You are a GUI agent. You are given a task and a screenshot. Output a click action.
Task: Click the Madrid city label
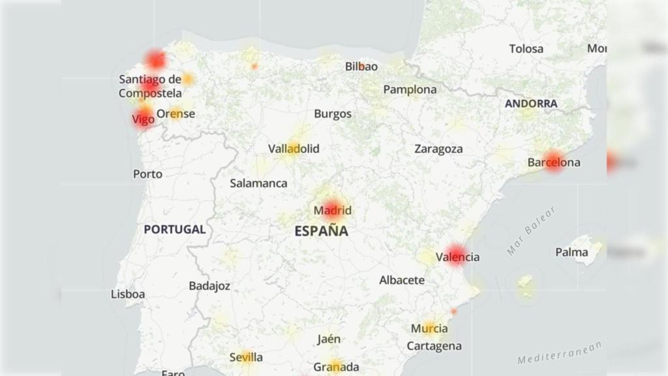(x=333, y=210)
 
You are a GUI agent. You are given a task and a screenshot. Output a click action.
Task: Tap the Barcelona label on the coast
(x=554, y=162)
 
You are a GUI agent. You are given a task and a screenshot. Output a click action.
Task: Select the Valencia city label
(x=457, y=257)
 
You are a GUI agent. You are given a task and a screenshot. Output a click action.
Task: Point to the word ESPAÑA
(x=321, y=230)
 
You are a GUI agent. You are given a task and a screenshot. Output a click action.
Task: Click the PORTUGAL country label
(x=175, y=229)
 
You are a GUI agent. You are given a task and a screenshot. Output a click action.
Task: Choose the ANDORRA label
(x=531, y=103)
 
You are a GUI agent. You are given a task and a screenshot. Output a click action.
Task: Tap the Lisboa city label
(x=128, y=294)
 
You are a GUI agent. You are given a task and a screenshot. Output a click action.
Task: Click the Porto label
(x=147, y=174)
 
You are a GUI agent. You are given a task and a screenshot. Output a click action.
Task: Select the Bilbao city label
(x=361, y=66)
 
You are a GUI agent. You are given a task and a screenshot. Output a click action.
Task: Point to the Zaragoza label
(x=438, y=149)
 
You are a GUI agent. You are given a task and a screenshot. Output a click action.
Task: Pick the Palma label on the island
(x=571, y=252)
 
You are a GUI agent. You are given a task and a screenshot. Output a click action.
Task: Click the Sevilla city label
(x=246, y=357)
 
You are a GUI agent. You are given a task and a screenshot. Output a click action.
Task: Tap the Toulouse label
(x=526, y=48)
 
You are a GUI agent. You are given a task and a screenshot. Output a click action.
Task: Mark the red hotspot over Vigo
(x=144, y=118)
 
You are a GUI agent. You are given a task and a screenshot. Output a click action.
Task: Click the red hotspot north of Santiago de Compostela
(x=156, y=60)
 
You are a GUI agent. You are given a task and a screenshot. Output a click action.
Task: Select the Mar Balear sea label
(x=531, y=230)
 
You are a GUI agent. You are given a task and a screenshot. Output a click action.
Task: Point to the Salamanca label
(x=258, y=183)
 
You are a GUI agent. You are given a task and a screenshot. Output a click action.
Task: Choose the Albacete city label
(x=402, y=280)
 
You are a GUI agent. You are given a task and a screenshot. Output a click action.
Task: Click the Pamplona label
(x=410, y=89)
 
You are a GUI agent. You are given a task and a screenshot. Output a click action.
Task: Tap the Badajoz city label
(x=209, y=285)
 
